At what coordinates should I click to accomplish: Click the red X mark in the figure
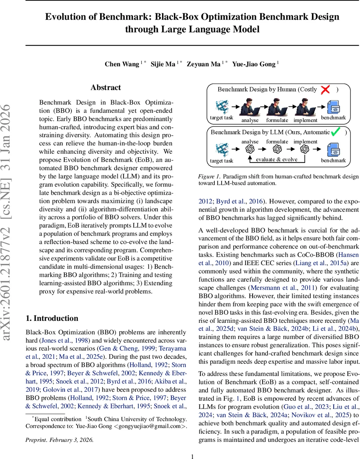tap(325, 90)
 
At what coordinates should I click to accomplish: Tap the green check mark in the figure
tap(336, 132)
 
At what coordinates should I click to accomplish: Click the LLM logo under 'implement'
tap(305, 149)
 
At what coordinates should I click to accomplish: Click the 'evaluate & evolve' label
tap(277, 160)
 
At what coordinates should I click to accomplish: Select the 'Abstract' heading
tap(105, 88)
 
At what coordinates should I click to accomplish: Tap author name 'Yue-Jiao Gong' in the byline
tap(253, 64)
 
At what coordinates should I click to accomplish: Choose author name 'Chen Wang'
tap(122, 64)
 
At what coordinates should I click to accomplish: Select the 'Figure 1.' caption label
tap(209, 177)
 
